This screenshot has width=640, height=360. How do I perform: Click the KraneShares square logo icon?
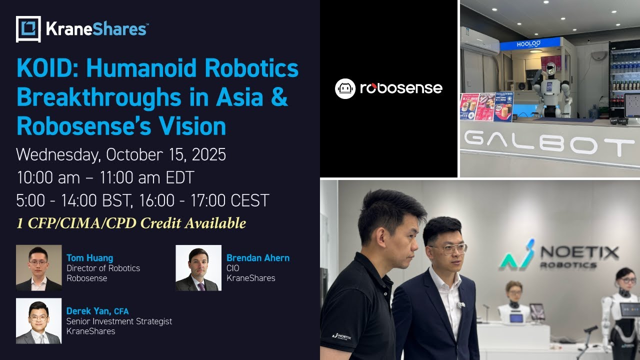(x=28, y=29)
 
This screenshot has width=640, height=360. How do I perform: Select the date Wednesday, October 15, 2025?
(x=121, y=154)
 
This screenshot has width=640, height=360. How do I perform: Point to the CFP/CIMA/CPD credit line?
(x=131, y=223)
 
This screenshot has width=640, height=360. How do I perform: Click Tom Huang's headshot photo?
(x=38, y=267)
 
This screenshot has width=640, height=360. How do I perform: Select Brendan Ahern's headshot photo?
(x=198, y=267)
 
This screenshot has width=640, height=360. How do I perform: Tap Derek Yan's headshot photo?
(x=38, y=321)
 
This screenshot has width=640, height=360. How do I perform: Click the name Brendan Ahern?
(x=258, y=258)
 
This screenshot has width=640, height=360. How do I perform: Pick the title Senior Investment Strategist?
(x=119, y=321)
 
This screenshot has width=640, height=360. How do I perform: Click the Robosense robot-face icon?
(x=345, y=88)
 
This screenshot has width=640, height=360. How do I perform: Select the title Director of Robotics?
(x=103, y=268)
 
